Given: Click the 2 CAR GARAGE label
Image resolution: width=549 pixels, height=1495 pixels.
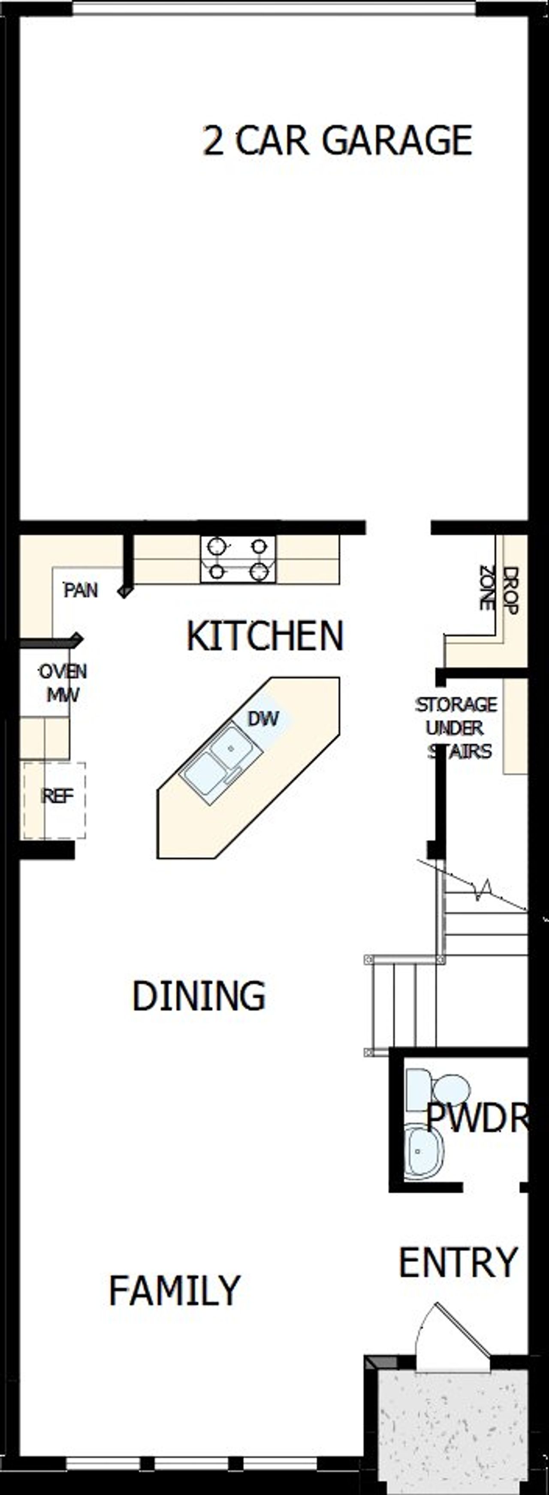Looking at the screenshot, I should click(x=337, y=141).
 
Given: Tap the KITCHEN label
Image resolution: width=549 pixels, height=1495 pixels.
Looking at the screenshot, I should click(x=265, y=636).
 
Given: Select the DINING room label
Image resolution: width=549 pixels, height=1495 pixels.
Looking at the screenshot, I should click(x=199, y=996).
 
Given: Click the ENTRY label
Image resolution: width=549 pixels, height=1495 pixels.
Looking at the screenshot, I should click(x=458, y=1262).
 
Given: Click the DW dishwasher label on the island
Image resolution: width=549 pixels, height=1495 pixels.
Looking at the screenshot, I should click(x=263, y=719).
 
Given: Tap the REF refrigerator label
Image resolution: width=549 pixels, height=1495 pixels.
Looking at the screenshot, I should click(x=57, y=796).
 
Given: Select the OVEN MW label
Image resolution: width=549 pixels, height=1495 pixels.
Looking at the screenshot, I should click(x=63, y=683).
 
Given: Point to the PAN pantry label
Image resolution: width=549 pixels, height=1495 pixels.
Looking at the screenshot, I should click(x=81, y=590).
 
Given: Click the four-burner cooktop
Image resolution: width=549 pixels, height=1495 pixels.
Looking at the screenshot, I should click(x=238, y=559).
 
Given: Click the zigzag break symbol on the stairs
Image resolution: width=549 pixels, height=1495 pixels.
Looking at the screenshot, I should click(x=483, y=890).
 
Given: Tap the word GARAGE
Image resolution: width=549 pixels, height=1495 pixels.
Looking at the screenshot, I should click(x=397, y=141).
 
